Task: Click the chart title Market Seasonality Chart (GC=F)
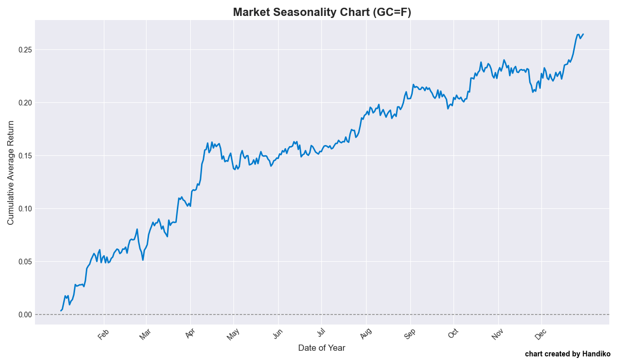[322, 12]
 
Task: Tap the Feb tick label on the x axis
[103, 334]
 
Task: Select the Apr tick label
[190, 334]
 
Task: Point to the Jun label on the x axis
[278, 334]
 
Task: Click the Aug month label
[366, 334]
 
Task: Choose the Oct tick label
[453, 334]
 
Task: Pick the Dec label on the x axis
[541, 334]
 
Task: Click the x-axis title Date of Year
[322, 348]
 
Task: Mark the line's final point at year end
[583, 34]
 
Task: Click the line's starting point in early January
[61, 311]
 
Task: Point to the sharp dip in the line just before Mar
[143, 260]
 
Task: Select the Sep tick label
[410, 334]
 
